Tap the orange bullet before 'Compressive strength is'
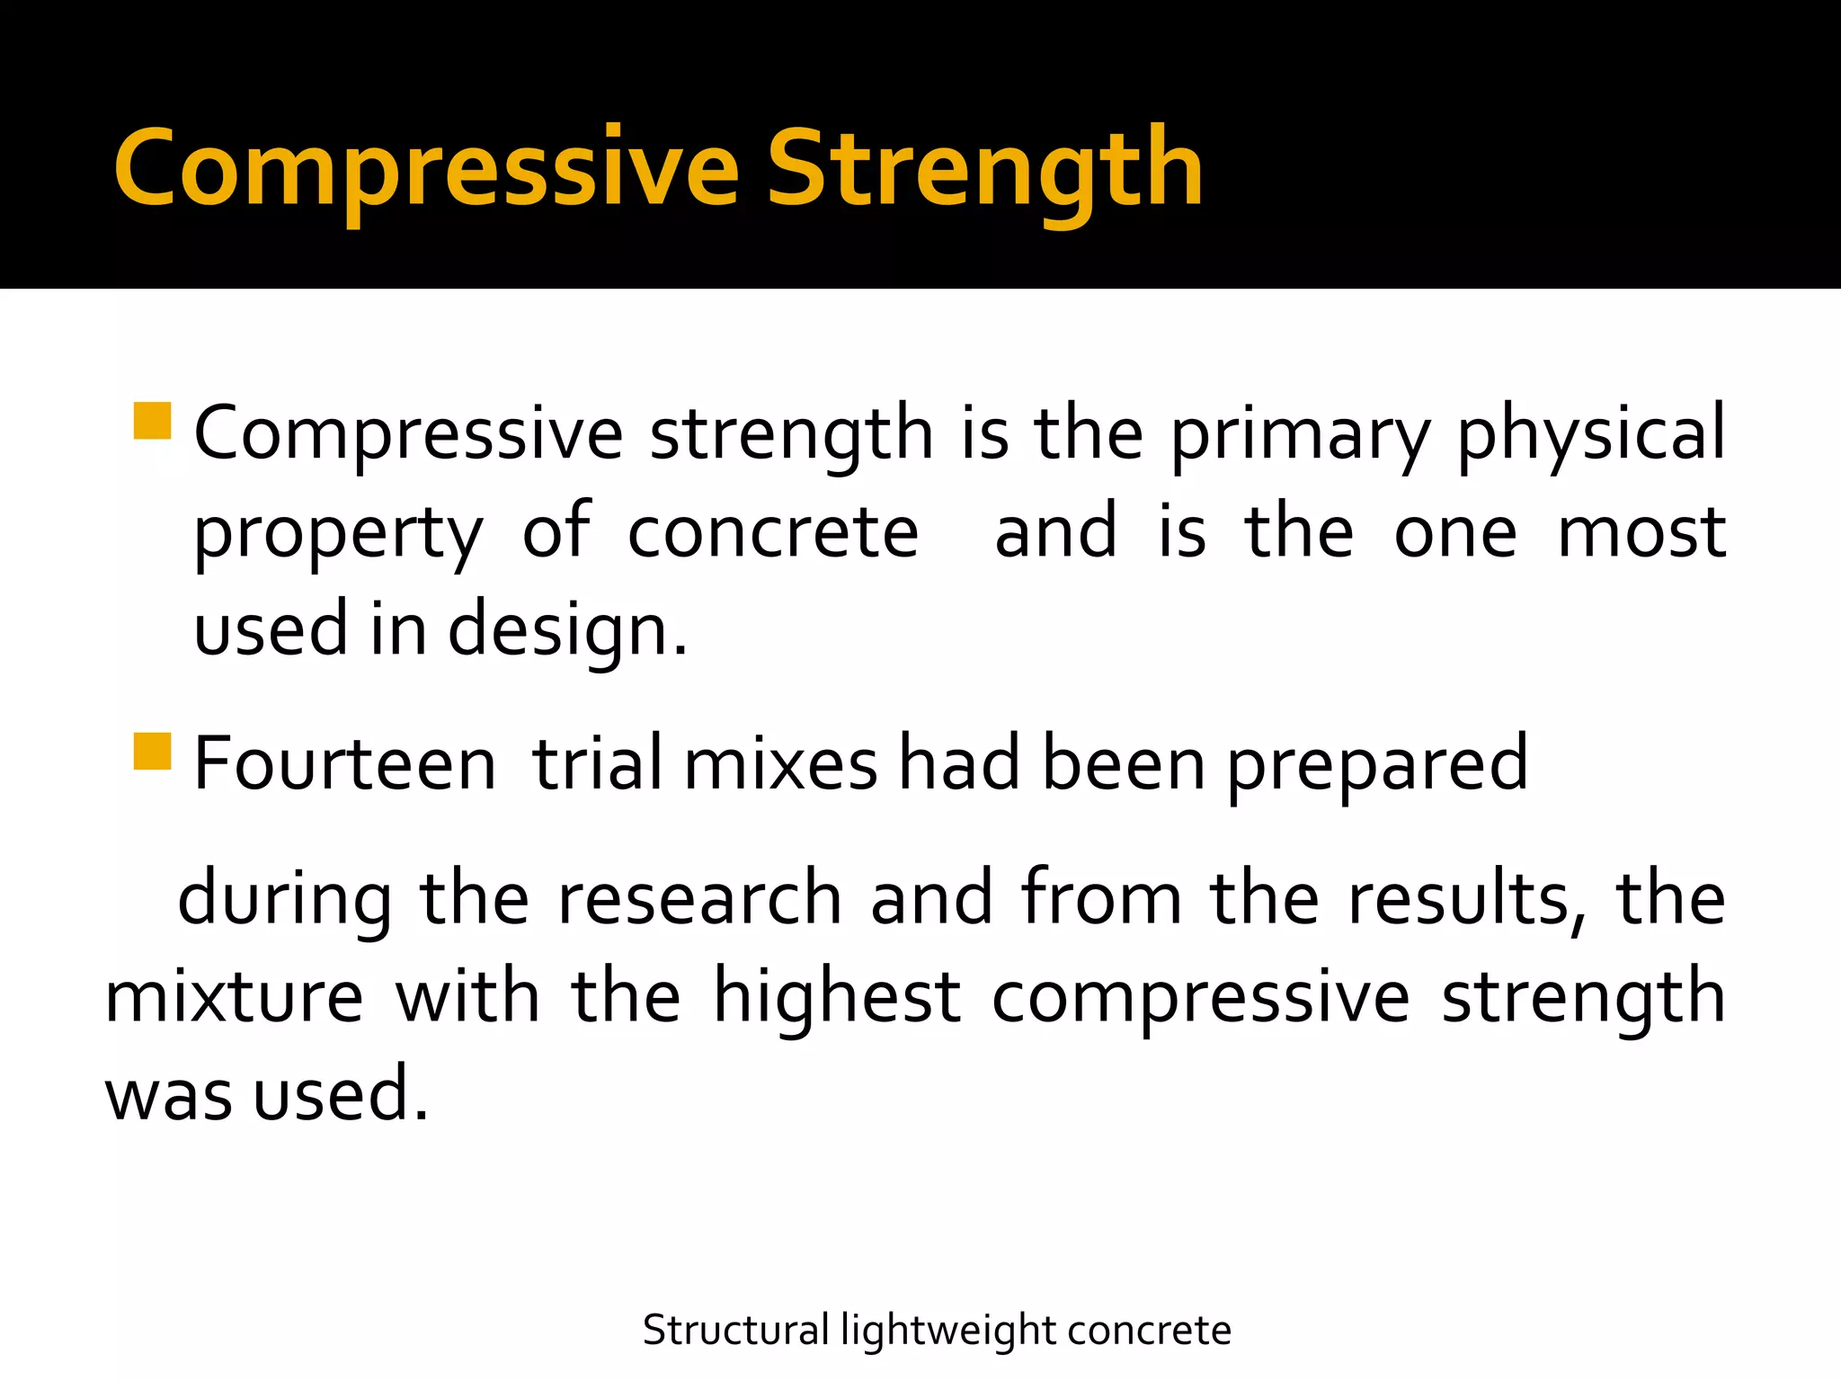click(152, 421)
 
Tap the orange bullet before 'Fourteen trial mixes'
click(152, 752)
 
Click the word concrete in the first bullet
click(773, 532)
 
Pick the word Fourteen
click(345, 764)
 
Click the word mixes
click(780, 764)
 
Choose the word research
click(699, 899)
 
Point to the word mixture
click(235, 998)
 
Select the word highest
click(837, 998)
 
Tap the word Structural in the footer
click(735, 1331)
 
